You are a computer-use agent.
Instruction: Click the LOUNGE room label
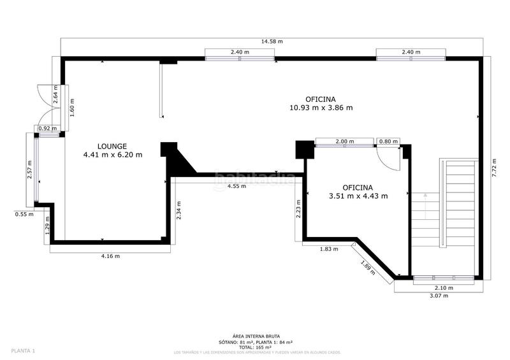[x=112, y=145]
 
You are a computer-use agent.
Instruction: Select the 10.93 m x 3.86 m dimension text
[x=321, y=108]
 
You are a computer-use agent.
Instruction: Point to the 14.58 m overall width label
[x=272, y=41]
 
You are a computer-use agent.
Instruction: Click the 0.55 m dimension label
[x=24, y=215]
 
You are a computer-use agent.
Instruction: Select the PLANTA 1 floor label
[x=23, y=350]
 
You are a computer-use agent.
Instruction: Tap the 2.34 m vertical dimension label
[x=179, y=210]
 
